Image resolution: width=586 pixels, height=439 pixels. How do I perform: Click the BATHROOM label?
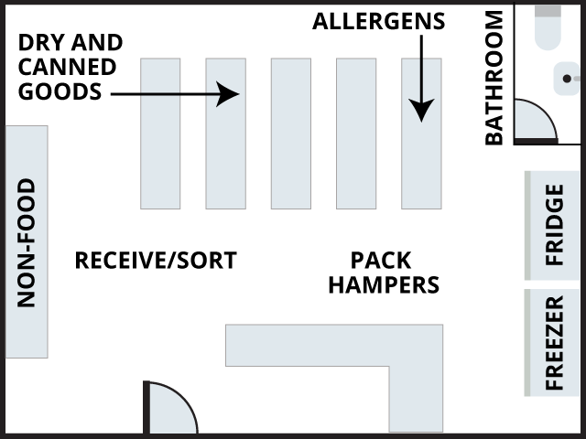tap(494, 78)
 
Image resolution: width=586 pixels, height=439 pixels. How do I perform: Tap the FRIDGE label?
tap(555, 225)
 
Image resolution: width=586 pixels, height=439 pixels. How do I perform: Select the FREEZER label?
tap(555, 343)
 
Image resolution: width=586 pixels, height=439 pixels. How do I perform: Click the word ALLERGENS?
tap(378, 21)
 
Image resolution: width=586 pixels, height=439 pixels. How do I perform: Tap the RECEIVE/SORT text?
tap(155, 261)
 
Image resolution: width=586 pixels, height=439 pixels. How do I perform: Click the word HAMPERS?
tap(384, 284)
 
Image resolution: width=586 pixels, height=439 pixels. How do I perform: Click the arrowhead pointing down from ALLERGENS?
tap(421, 111)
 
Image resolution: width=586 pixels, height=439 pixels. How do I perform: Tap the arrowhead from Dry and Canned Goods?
tap(229, 92)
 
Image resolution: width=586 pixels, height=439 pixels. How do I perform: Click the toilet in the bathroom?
tap(548, 26)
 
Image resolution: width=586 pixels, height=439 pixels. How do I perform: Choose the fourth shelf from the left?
tap(356, 134)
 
